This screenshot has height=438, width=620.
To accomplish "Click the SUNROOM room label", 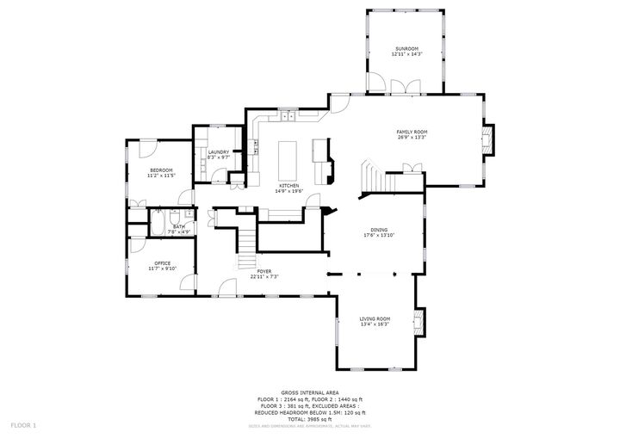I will (406, 48).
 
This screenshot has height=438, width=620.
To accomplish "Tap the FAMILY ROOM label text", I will (412, 132).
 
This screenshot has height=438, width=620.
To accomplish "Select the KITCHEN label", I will (288, 186).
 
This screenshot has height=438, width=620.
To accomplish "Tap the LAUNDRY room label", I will (219, 152).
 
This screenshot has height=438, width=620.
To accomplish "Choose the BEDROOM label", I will (161, 170).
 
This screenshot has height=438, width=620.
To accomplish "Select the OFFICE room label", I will (162, 263).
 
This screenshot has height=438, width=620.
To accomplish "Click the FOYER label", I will (265, 271).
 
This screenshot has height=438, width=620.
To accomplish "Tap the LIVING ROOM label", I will (375, 319).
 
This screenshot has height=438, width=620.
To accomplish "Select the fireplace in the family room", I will (487, 141).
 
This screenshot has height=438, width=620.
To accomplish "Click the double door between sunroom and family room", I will (401, 87).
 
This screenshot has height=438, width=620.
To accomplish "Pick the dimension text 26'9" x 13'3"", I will (412, 138).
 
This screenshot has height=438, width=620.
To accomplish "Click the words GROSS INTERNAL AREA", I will (309, 392).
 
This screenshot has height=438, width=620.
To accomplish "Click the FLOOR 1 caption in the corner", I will (23, 425).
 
